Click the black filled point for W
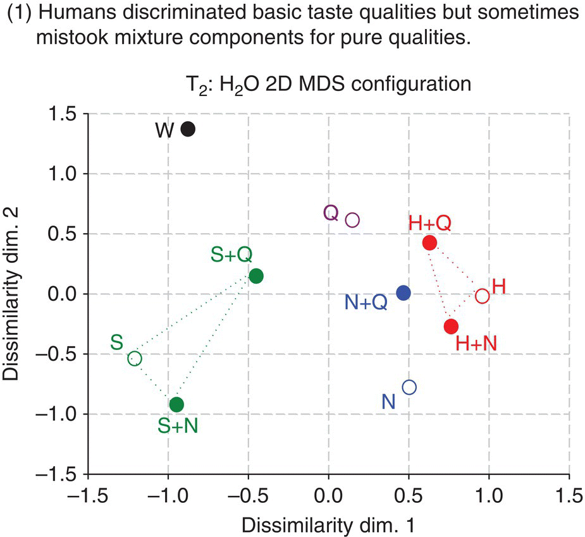[188, 129]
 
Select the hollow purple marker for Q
[352, 220]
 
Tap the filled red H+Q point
[430, 243]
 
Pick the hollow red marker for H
[482, 296]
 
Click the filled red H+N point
[451, 327]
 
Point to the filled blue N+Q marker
[403, 293]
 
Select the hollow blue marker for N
[409, 387]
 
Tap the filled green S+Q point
[256, 276]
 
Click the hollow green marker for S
[135, 359]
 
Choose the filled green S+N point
[176, 404]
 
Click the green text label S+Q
[231, 255]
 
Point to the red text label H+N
[477, 344]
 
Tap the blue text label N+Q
[366, 303]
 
